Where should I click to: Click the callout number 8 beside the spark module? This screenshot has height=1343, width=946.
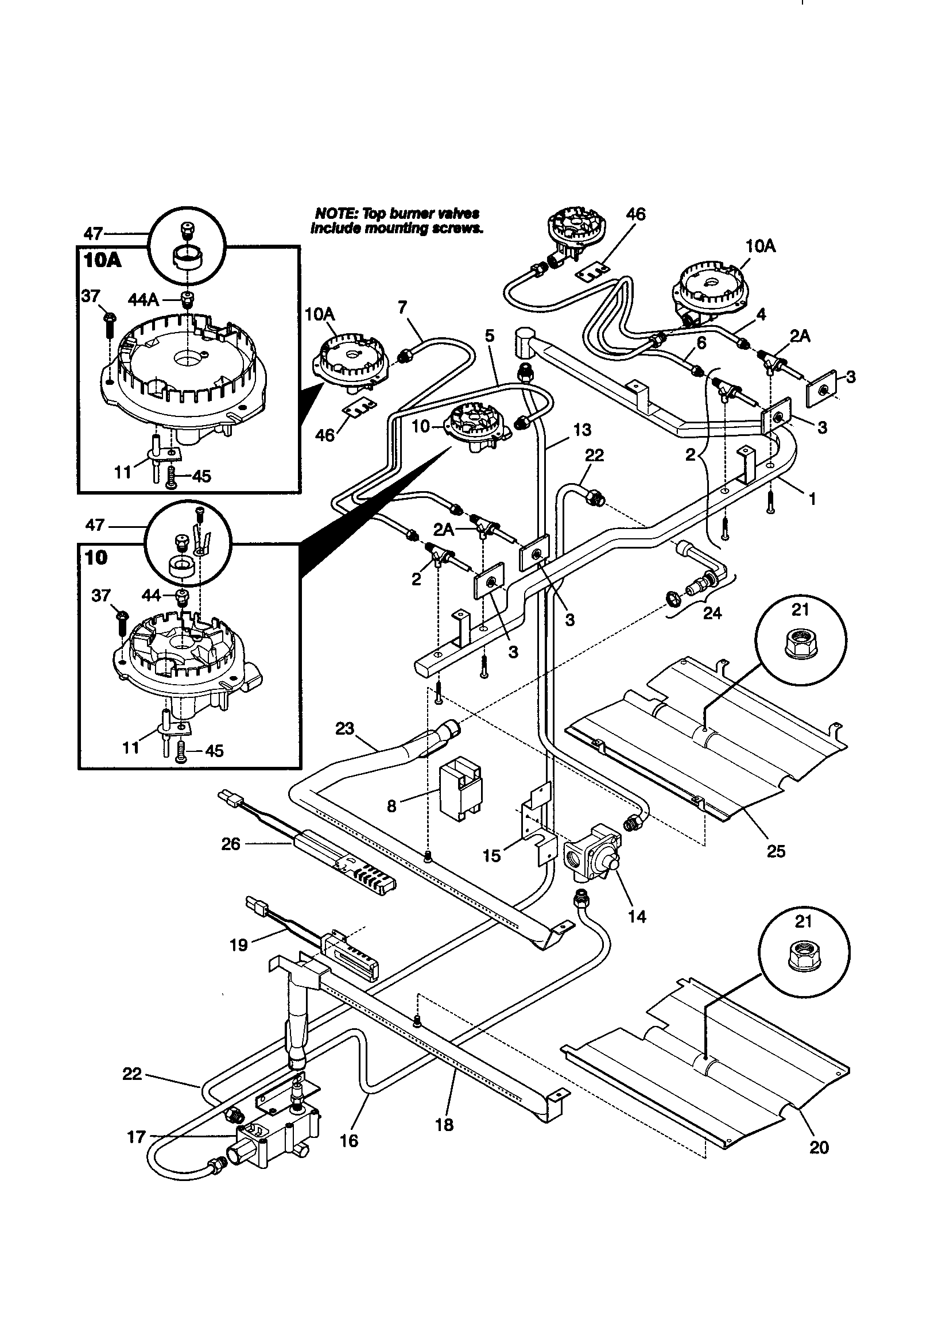click(391, 806)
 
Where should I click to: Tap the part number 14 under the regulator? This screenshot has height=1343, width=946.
click(637, 917)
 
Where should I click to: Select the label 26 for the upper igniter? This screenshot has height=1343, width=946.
click(231, 844)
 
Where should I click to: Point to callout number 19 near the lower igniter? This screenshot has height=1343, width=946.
click(239, 945)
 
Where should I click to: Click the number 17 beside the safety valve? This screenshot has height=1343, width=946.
click(136, 1138)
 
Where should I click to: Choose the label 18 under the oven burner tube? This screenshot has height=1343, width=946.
click(444, 1125)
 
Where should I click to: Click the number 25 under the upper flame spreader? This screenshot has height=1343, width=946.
click(776, 851)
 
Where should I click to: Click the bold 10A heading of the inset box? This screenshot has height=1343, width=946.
click(102, 260)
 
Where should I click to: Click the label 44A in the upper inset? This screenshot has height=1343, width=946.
click(144, 300)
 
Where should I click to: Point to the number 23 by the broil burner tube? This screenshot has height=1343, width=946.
click(345, 729)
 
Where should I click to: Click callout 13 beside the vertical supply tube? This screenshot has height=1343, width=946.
click(581, 430)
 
